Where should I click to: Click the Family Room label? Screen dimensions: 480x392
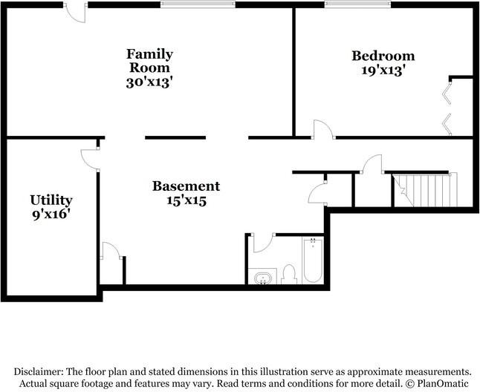point(149,61)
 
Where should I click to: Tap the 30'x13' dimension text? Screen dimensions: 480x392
point(148,82)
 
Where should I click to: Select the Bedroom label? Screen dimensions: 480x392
point(383,56)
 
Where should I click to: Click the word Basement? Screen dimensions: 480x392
point(186,186)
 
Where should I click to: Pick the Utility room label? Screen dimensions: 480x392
point(51,200)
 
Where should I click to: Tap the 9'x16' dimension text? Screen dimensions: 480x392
point(50,214)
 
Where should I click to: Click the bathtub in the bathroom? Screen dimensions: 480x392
point(313,260)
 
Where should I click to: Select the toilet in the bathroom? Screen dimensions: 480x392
point(289,274)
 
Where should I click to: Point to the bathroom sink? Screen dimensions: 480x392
point(262,278)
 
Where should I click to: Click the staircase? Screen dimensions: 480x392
point(425,189)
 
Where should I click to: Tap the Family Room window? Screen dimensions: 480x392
point(198,4)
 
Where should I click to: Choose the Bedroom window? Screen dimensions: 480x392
point(357,4)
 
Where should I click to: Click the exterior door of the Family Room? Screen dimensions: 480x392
point(75,13)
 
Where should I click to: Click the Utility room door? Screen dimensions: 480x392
point(90,159)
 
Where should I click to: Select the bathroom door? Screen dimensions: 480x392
point(263,243)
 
